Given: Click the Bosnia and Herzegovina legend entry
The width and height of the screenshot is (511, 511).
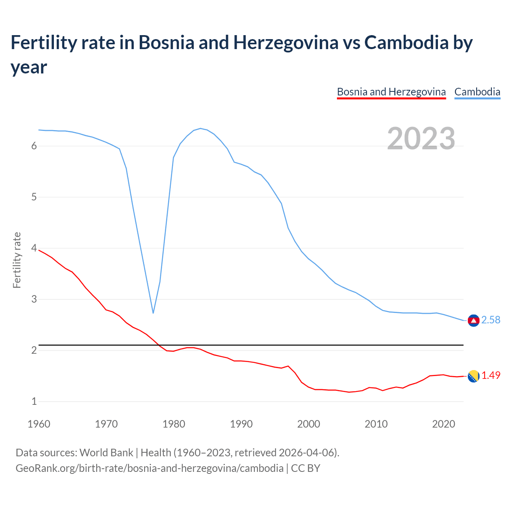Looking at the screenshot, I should coord(391,92).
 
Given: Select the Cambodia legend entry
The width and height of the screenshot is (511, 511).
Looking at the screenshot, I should coord(477,92).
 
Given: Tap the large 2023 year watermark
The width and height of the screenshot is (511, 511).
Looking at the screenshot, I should coord(421,138).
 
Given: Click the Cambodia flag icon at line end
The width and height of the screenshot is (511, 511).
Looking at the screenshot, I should coord(473,320).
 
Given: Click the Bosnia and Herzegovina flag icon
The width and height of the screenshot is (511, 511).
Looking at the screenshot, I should coord(473,376).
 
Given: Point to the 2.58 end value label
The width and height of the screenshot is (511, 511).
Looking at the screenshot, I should coord(491,320).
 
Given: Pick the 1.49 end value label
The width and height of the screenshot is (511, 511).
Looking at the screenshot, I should coord(491,376).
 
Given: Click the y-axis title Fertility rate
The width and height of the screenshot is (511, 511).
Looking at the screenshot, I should coord(17,260).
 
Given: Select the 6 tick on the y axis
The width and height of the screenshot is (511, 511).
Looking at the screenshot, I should coord(34,146).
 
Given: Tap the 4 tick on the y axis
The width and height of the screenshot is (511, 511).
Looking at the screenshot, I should coord(34,248).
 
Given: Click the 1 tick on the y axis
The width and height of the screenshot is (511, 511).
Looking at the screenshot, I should coord(34,402).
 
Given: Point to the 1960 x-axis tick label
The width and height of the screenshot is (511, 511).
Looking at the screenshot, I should coord(39,424).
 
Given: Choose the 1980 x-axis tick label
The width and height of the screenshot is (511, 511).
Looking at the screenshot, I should coord(174,424).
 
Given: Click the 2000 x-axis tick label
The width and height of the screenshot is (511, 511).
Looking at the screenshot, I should coord(309,424).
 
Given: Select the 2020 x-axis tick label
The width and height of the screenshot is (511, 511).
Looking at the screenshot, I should coord(444,424).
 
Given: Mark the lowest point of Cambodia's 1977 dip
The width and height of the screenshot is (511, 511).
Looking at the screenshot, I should coord(153,313).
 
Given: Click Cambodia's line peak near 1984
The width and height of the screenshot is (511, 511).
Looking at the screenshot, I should coord(200,129).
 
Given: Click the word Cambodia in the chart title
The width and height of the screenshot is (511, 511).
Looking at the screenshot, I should coord(406,42).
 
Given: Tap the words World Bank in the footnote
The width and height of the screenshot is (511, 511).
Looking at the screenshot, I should coord(106,453).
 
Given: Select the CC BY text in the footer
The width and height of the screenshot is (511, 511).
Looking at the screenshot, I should coord(305,468).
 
